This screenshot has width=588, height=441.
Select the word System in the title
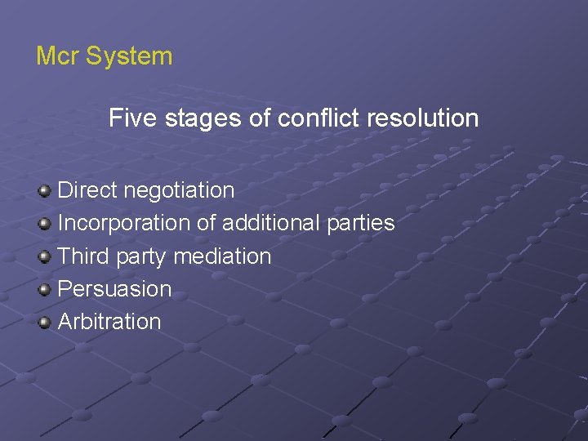click(129, 56)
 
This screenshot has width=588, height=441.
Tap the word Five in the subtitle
click(133, 118)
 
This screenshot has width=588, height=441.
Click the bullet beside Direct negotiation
click(44, 191)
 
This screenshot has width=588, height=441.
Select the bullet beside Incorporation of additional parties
click(44, 224)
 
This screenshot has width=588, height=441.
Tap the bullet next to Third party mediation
click(44, 256)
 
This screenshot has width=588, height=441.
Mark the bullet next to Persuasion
click(44, 289)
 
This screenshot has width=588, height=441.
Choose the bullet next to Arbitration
click(44, 322)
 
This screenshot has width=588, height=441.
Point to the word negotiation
click(179, 191)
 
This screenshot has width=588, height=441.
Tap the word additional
click(273, 223)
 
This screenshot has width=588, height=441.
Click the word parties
click(363, 224)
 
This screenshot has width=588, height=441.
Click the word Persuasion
click(115, 288)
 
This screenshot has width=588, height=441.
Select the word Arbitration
click(110, 321)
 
